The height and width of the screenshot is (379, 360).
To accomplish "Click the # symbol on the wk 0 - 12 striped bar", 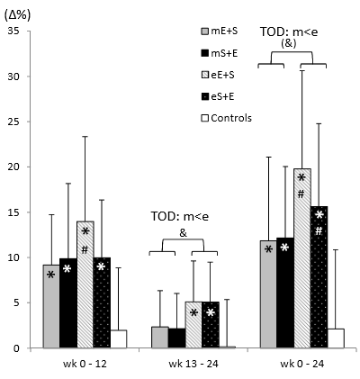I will pos(85,249).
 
